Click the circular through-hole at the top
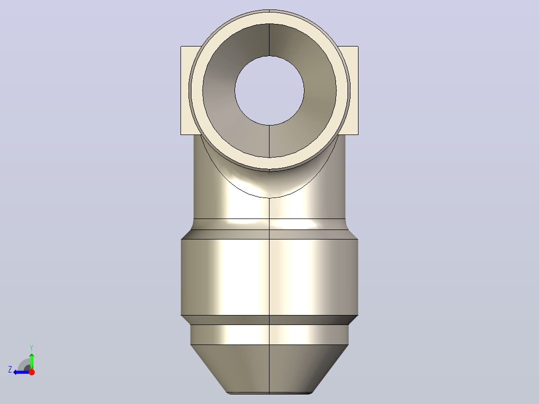269,91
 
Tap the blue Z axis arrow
21,372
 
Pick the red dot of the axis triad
31,372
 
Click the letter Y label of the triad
31,347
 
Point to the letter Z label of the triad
10,369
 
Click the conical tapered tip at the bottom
269,368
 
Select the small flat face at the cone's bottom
269,393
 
